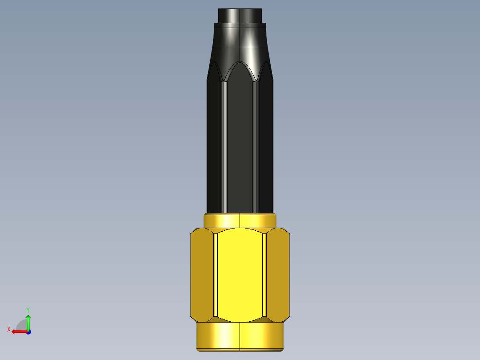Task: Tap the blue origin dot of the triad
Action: click(x=28, y=331)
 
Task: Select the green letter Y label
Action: click(x=28, y=309)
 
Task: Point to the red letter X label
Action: click(x=8, y=329)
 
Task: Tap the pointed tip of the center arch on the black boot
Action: click(x=240, y=62)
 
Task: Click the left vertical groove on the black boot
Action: click(x=224, y=147)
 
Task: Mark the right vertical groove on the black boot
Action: click(x=256, y=147)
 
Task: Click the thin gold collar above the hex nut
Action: click(x=240, y=221)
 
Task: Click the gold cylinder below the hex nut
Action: click(x=240, y=336)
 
